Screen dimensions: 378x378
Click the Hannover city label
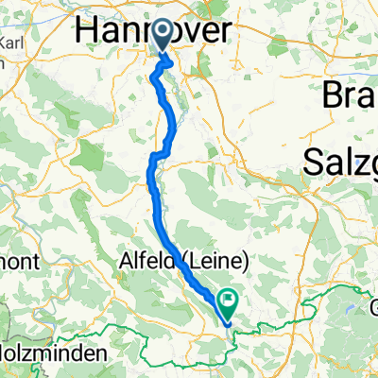tap(150, 31)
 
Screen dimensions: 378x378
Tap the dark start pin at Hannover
tap(163, 36)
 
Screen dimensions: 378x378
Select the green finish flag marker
tap(228, 301)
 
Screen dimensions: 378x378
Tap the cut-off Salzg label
tap(341, 162)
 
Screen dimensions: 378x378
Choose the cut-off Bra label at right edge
tap(351, 94)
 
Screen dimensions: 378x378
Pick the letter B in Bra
tap(334, 94)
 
